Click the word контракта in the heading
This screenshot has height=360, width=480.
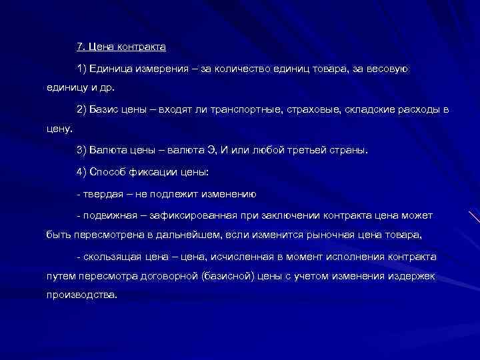point(142,48)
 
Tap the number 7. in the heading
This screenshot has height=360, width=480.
point(81,48)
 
